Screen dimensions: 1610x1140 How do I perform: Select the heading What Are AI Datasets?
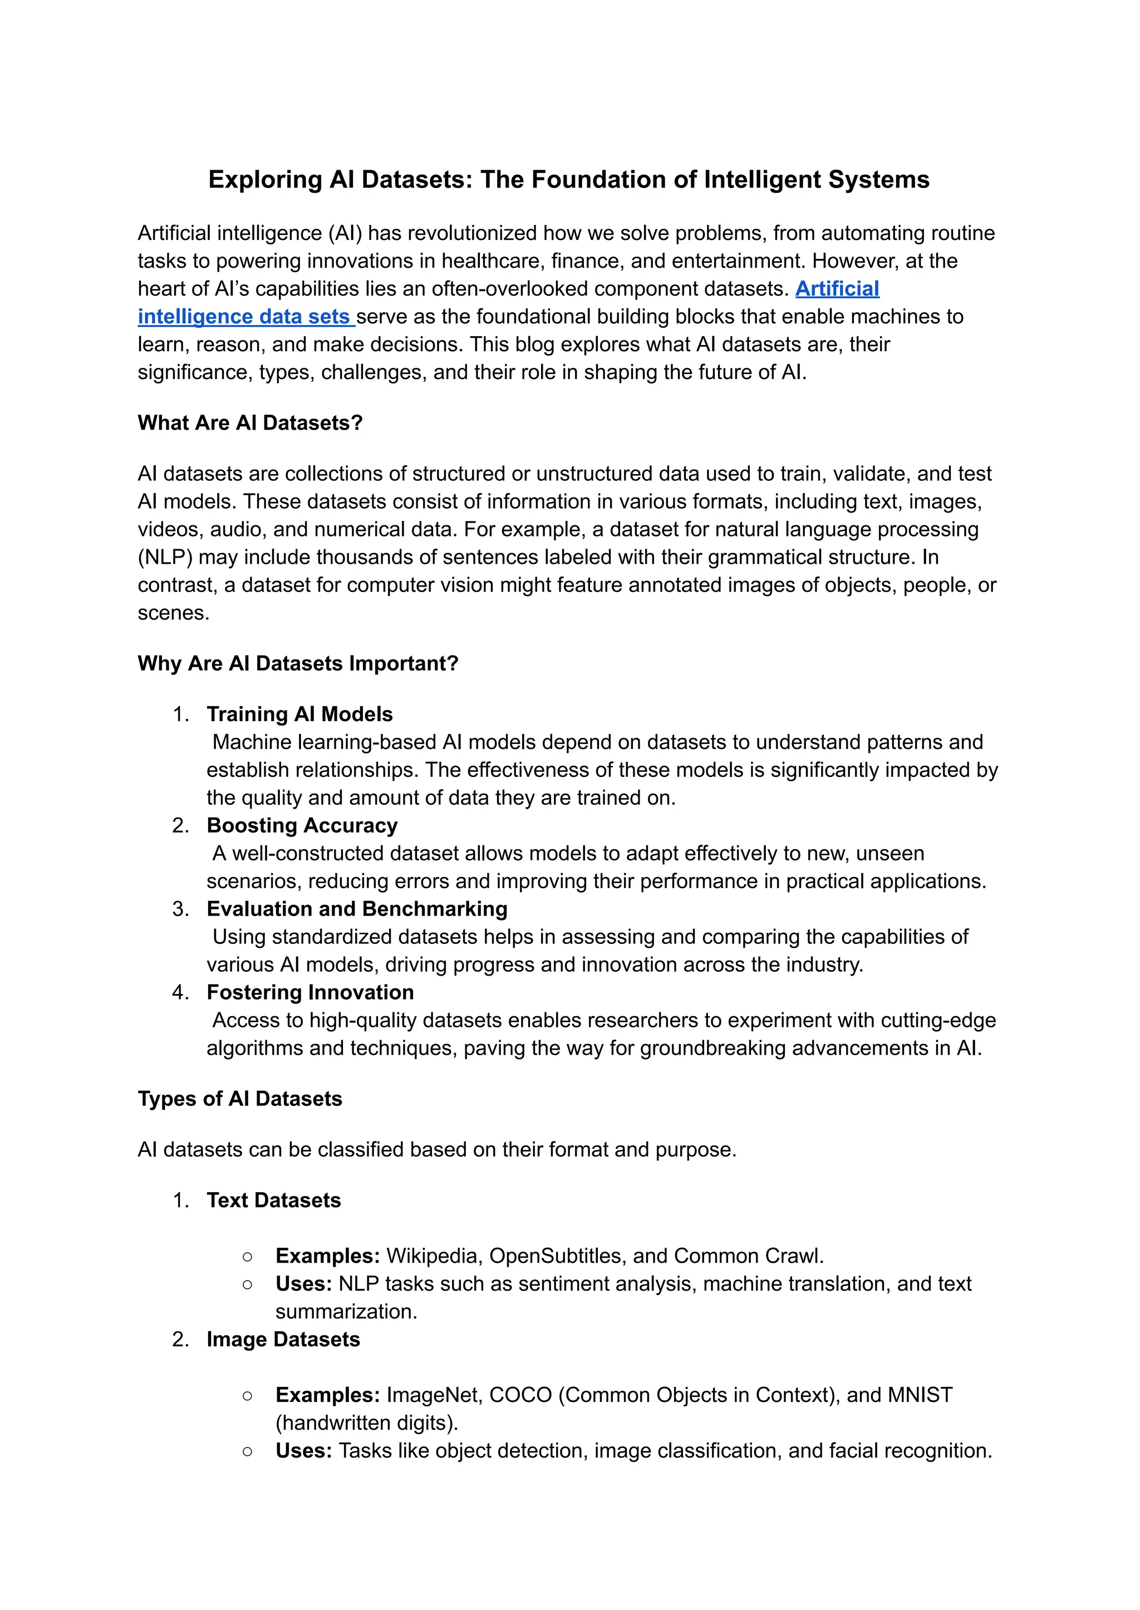click(x=250, y=423)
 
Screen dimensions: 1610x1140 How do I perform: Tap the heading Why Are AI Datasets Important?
click(x=298, y=663)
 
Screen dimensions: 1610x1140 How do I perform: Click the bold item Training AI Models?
click(x=299, y=715)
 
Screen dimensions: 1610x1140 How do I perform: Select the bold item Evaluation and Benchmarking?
click(x=357, y=909)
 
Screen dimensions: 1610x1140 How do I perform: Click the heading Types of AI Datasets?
click(x=240, y=1099)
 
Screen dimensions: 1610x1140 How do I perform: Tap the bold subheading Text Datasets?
click(x=274, y=1200)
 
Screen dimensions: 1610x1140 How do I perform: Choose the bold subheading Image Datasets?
click(x=283, y=1339)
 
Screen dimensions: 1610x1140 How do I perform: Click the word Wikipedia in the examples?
click(x=433, y=1255)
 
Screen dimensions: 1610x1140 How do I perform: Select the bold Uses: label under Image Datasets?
click(x=303, y=1451)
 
